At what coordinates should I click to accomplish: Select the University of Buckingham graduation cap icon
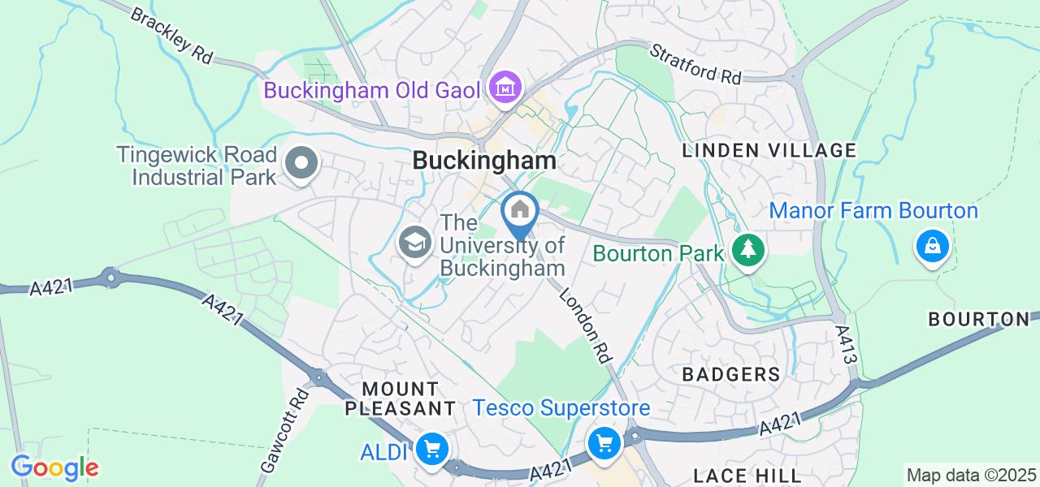415,242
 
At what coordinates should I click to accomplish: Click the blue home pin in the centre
519,211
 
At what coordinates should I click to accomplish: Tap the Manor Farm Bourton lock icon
932,244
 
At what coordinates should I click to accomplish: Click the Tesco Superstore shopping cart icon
604,443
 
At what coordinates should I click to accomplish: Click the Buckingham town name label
484,160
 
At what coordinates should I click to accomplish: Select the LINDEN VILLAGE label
769,150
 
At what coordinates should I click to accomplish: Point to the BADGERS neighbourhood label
731,374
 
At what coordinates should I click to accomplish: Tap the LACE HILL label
747,475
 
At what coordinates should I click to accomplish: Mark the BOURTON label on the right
979,319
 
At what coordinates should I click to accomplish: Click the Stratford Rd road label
696,65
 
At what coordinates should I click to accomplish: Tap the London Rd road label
585,324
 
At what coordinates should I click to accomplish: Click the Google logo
54,468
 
